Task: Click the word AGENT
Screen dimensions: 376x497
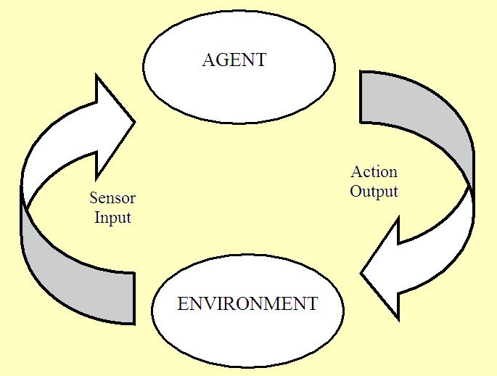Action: [x=234, y=60]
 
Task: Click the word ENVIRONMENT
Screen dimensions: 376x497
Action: [x=247, y=303]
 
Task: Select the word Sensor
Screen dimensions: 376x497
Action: [x=112, y=198]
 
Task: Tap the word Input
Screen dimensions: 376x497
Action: [x=112, y=217]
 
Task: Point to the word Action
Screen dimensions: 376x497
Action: [x=374, y=172]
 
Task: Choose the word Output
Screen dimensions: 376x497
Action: [x=374, y=192]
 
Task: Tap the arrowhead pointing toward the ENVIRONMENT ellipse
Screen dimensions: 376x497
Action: [x=385, y=269]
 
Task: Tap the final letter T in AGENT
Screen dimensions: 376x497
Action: [x=260, y=60]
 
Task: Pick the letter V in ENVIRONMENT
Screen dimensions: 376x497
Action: [x=206, y=303]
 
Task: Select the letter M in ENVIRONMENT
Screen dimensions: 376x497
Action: [x=272, y=303]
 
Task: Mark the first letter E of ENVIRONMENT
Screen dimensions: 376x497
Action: [x=183, y=303]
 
